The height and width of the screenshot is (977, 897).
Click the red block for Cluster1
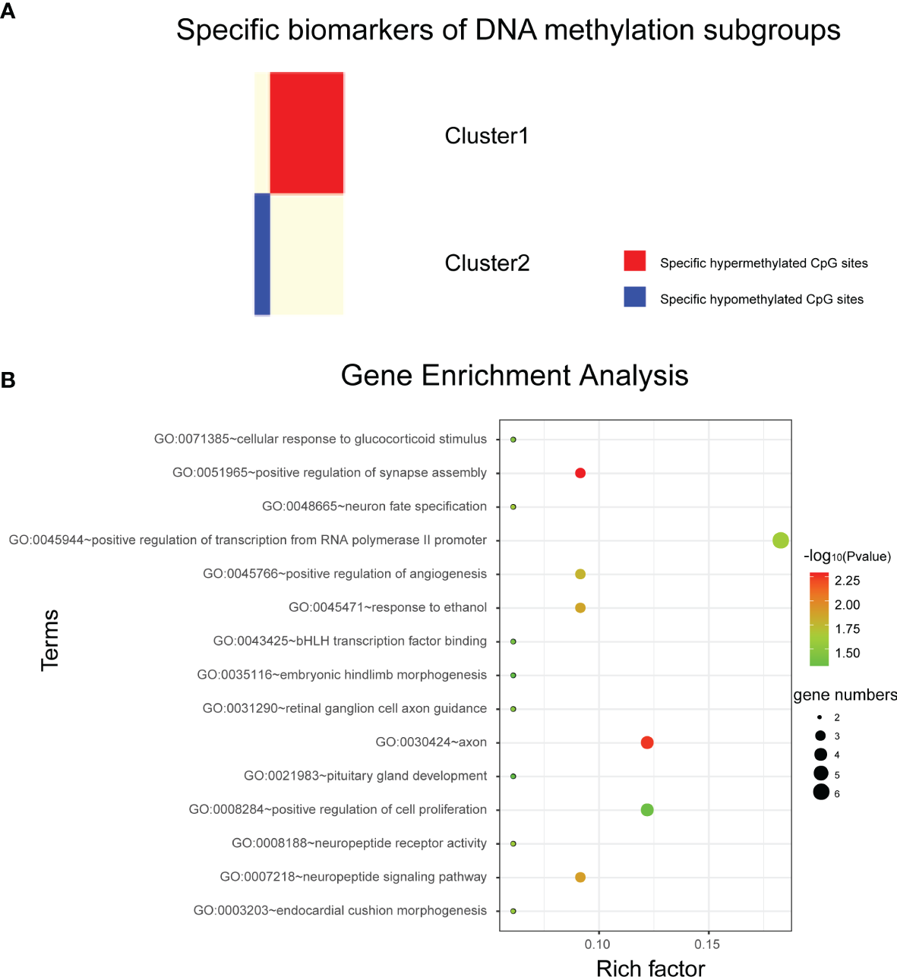tap(307, 133)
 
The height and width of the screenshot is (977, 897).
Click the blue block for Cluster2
tap(262, 254)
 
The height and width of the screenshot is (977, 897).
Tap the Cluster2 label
tap(487, 263)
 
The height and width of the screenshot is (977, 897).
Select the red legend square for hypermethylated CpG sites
tap(635, 261)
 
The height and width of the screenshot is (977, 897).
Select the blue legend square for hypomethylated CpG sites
tap(635, 297)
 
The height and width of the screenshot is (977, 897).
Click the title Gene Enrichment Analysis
tap(514, 376)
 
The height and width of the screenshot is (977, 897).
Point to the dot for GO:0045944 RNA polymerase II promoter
tap(780, 541)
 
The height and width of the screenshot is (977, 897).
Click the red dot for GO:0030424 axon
tap(647, 742)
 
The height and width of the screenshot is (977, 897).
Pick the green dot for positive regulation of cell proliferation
tap(647, 810)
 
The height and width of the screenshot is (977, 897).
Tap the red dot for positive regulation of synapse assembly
tap(580, 473)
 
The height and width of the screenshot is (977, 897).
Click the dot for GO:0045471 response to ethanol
tap(580, 608)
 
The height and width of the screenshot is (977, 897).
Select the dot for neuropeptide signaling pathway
tap(580, 878)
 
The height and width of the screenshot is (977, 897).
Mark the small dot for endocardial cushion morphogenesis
tap(513, 911)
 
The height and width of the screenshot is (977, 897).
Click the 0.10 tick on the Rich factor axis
tap(598, 944)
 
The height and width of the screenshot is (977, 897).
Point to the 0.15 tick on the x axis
tap(707, 944)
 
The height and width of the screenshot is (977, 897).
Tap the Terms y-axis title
tap(50, 640)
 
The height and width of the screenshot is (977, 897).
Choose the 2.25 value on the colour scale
tap(847, 581)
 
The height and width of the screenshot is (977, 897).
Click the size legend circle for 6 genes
tap(820, 793)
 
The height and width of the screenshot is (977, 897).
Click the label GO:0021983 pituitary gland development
tap(365, 776)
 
